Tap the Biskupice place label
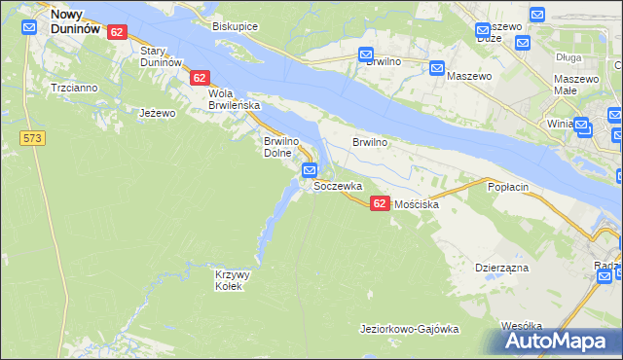[235, 26]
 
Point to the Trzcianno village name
[74, 88]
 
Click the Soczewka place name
[338, 185]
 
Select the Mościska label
[415, 205]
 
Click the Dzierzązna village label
[501, 266]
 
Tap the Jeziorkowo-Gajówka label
[409, 329]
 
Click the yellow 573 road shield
[32, 139]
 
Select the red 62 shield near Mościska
[380, 202]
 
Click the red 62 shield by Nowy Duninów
[117, 32]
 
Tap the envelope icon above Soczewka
[310, 170]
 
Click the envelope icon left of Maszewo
[437, 68]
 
